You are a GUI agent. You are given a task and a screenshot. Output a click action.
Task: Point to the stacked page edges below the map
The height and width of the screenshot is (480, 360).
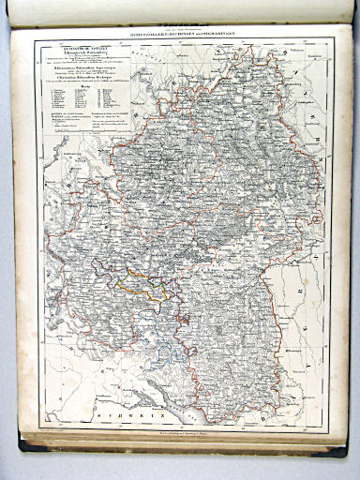pos(178,441)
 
